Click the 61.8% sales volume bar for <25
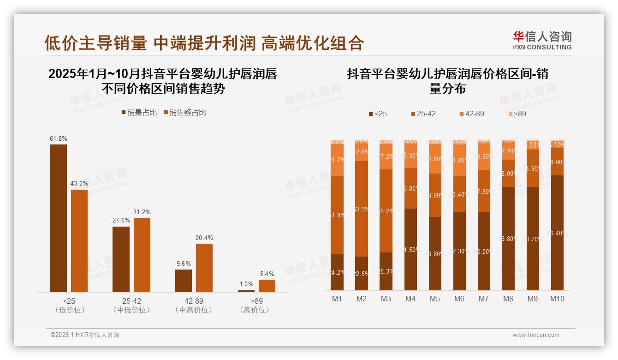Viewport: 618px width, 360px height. pyautogui.click(x=59, y=218)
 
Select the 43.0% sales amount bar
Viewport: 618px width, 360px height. pyautogui.click(x=79, y=240)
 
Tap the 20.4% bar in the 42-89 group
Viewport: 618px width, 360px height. pyautogui.click(x=204, y=268)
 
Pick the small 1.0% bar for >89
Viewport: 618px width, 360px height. pyautogui.click(x=246, y=291)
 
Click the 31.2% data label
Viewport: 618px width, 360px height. pyautogui.click(x=142, y=212)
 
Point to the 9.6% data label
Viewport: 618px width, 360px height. pyautogui.click(x=184, y=264)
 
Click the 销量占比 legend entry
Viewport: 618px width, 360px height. pyautogui.click(x=139, y=113)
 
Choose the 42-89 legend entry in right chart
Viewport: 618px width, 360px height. pyautogui.click(x=471, y=114)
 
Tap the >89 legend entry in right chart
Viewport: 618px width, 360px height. pyautogui.click(x=517, y=114)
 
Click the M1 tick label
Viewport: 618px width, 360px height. pyautogui.click(x=337, y=299)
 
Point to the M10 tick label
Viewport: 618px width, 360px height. pyautogui.click(x=557, y=299)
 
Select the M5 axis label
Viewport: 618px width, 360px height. pyautogui.click(x=435, y=299)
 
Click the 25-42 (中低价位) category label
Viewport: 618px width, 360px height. pyautogui.click(x=131, y=305)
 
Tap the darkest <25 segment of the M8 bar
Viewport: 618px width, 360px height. pyautogui.click(x=508, y=239)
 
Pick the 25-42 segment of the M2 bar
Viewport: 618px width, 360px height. pyautogui.click(x=362, y=209)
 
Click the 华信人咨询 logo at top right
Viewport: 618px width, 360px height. pyautogui.click(x=542, y=40)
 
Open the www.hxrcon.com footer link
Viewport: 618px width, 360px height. pyautogui.click(x=536, y=335)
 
